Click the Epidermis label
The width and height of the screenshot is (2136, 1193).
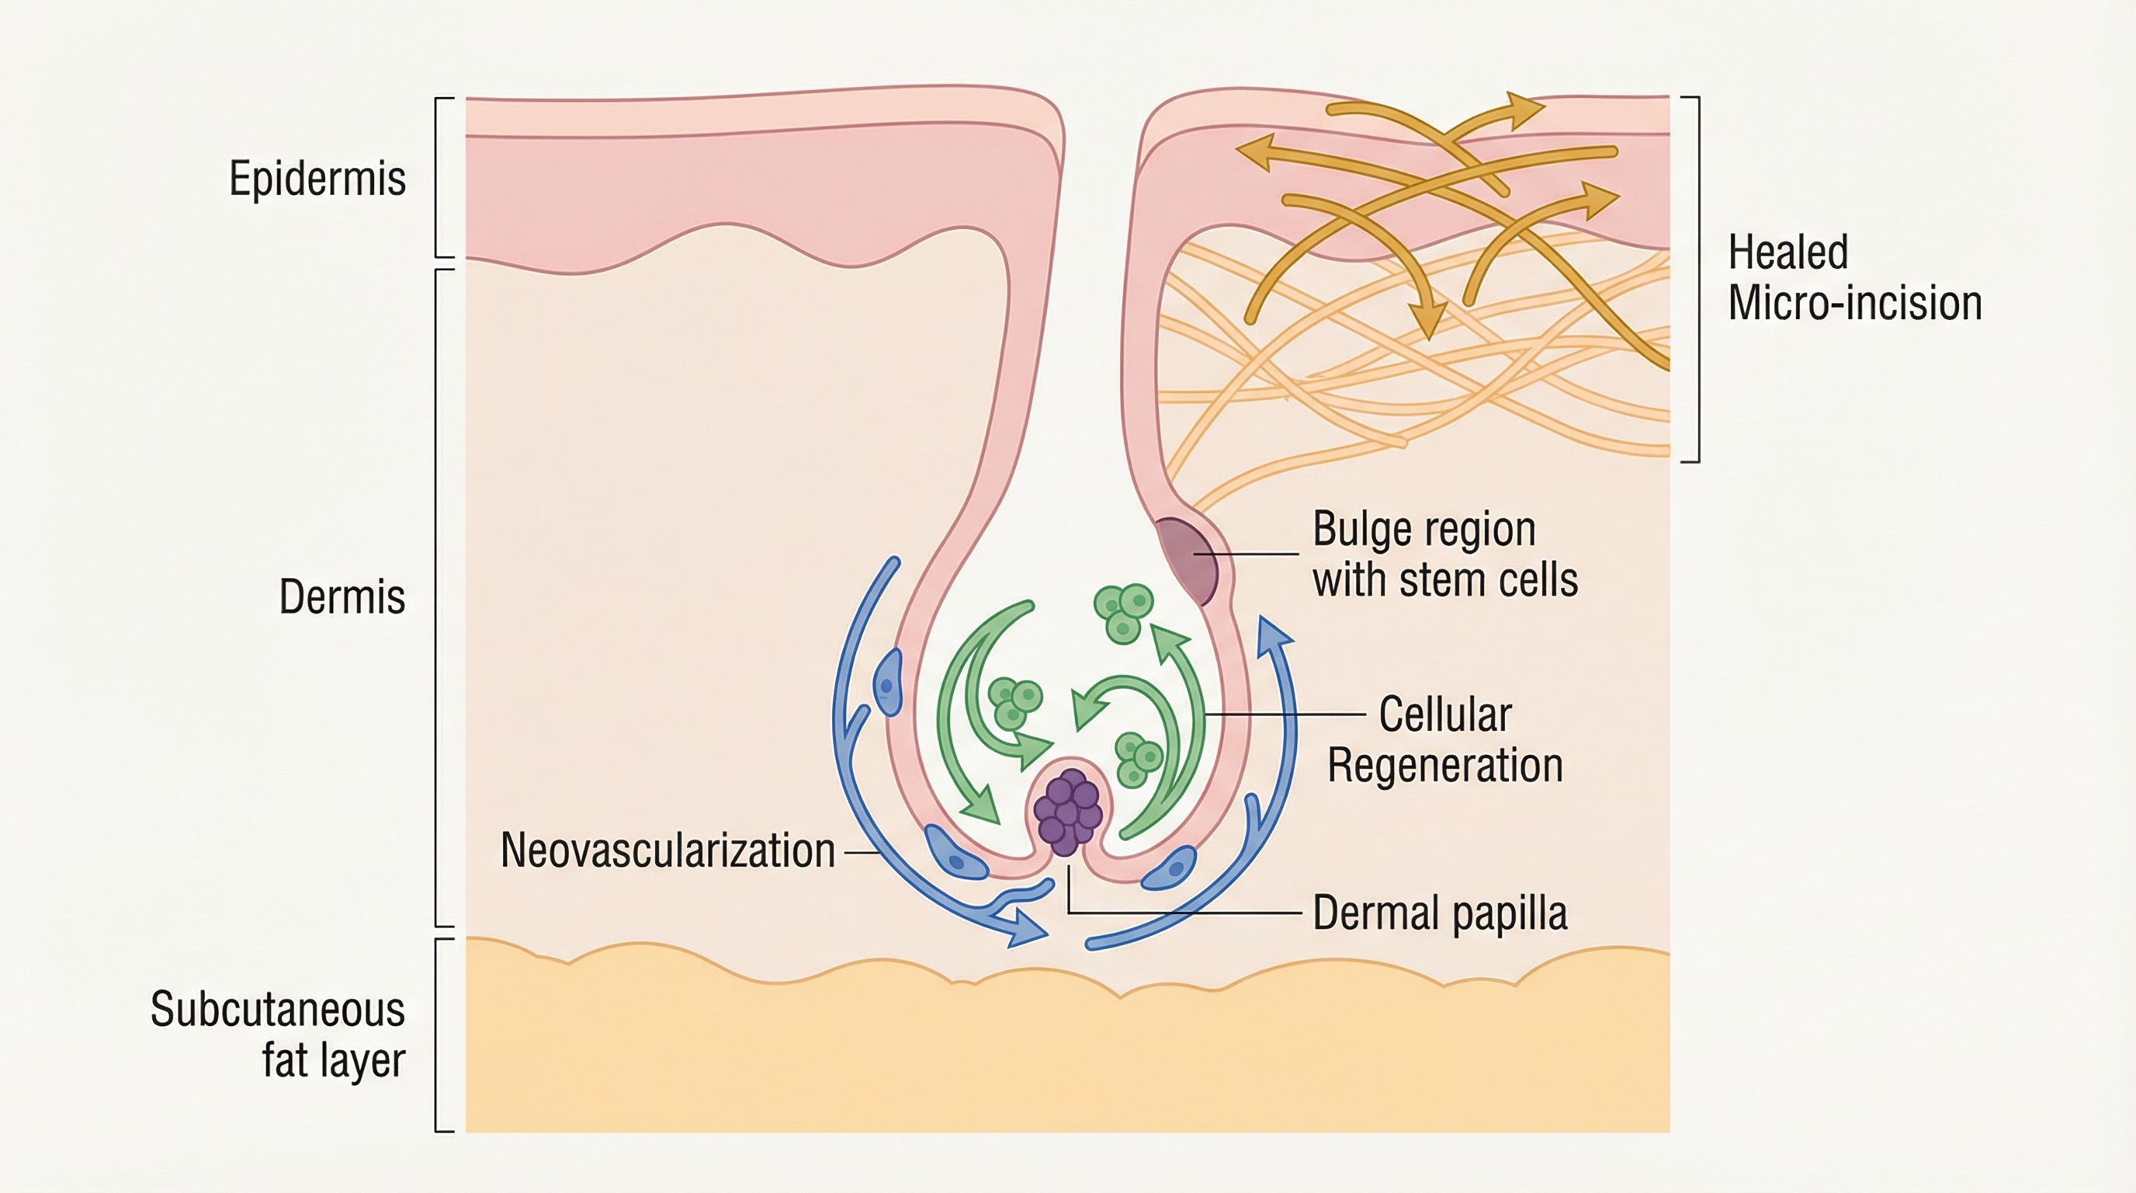(317, 179)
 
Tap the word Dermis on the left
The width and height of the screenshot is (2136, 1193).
(342, 596)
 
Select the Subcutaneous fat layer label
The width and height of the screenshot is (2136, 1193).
(278, 1035)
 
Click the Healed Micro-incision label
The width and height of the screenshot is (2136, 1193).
(1854, 277)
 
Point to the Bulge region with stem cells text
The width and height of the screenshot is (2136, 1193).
(1444, 555)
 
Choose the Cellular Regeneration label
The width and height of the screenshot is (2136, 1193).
(1444, 739)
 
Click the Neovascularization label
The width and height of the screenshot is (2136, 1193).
(667, 850)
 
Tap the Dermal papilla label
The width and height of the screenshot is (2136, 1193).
(1440, 913)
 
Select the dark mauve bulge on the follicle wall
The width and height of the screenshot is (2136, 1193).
(1189, 558)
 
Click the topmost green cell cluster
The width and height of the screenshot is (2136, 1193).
(1125, 612)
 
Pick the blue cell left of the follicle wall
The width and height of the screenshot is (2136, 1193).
(888, 683)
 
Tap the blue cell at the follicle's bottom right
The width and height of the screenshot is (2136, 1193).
(1169, 868)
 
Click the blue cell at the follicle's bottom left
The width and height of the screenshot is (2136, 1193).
(955, 853)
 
